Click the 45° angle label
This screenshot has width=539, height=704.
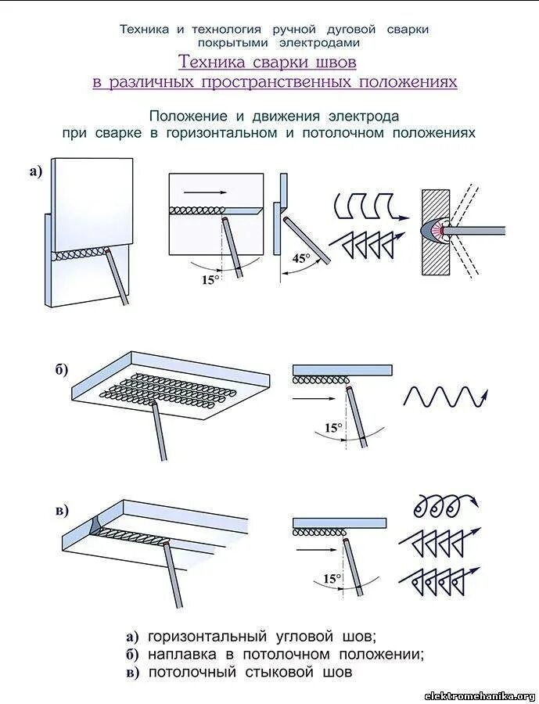coord(301,258)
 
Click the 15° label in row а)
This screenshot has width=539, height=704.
coord(209,279)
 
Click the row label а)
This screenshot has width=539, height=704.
coord(35,172)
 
